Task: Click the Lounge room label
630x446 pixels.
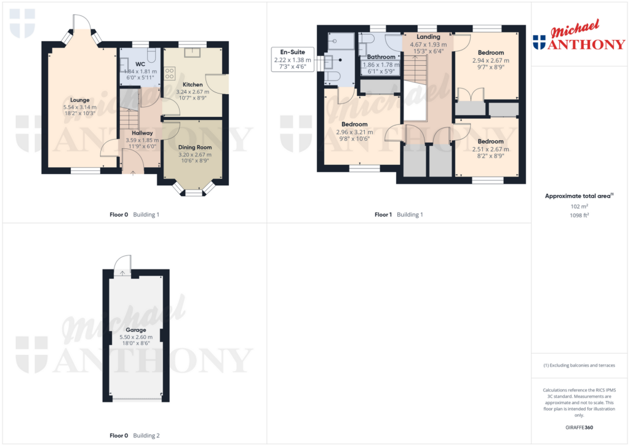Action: pyautogui.click(x=79, y=100)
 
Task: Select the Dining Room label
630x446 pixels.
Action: pyautogui.click(x=194, y=147)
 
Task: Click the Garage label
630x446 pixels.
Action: pyautogui.click(x=136, y=330)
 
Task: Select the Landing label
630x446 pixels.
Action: pyautogui.click(x=428, y=37)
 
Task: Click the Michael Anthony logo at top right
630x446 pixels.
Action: pyautogui.click(x=579, y=37)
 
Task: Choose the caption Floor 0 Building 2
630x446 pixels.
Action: pyautogui.click(x=135, y=436)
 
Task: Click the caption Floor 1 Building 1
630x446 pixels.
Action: pyautogui.click(x=399, y=215)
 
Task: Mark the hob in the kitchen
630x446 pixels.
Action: pyautogui.click(x=170, y=73)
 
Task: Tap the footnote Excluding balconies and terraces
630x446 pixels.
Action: pyautogui.click(x=579, y=365)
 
